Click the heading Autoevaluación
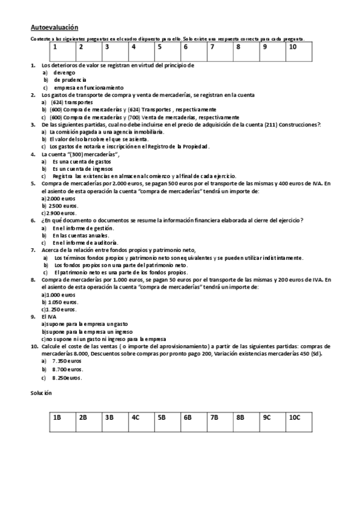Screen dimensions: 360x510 coord(53,27)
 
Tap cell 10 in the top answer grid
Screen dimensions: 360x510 coord(301,51)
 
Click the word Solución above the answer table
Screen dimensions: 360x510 coord(41,392)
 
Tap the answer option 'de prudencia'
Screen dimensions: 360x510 coord(70,79)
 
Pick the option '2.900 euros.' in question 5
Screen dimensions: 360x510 coord(63,213)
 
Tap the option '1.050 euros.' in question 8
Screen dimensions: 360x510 coord(63,302)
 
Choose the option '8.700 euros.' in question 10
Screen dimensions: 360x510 coord(68,369)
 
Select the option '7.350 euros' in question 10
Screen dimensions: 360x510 coord(67,361)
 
